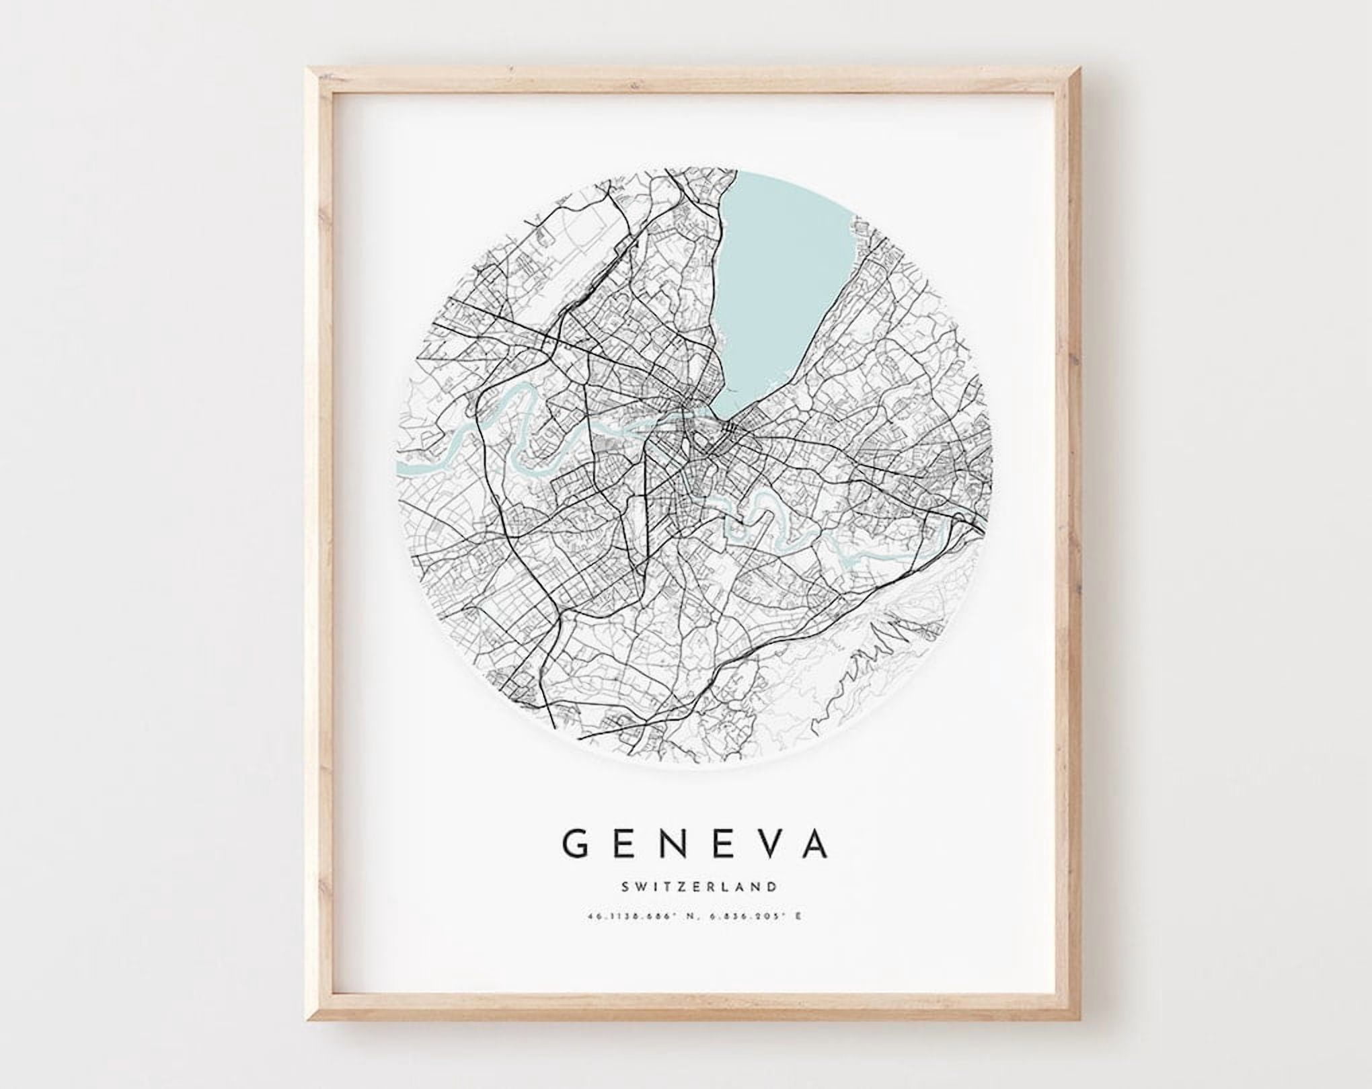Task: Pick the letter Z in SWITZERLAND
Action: point(685,887)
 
